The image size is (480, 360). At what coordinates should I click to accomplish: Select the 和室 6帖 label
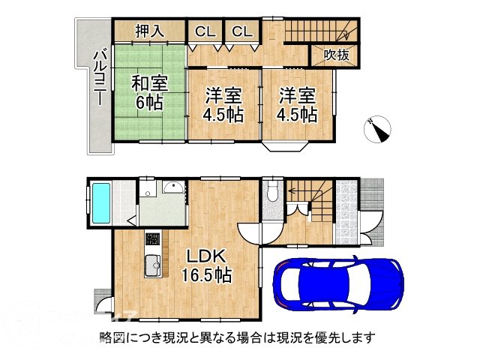click(x=149, y=92)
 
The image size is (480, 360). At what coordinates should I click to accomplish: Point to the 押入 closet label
click(x=148, y=31)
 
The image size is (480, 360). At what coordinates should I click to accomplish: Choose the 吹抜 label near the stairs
click(x=334, y=55)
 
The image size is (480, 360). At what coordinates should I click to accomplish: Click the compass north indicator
click(x=376, y=130)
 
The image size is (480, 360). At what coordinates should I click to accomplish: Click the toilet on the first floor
click(x=271, y=192)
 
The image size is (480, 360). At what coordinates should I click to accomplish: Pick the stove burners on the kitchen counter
click(x=152, y=241)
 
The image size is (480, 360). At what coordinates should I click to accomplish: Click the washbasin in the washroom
click(x=172, y=188)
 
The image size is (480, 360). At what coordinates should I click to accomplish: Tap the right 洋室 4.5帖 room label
click(x=298, y=104)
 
